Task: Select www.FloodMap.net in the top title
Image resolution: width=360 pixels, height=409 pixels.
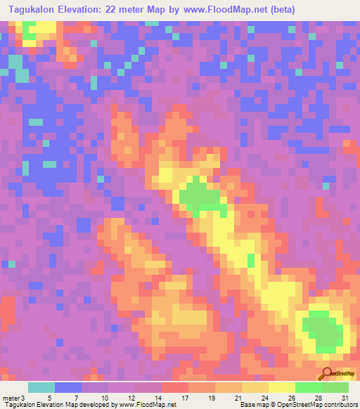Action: [x=223, y=9]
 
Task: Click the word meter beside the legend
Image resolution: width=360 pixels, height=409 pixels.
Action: [x=11, y=396]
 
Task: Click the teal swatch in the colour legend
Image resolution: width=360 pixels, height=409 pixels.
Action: [x=41, y=387]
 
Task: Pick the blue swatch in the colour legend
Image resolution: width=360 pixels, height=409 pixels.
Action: [x=68, y=387]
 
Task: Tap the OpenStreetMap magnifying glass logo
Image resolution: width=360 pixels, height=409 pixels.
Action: [x=327, y=375]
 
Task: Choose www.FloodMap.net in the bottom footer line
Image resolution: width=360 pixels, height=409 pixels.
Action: [x=148, y=405]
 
